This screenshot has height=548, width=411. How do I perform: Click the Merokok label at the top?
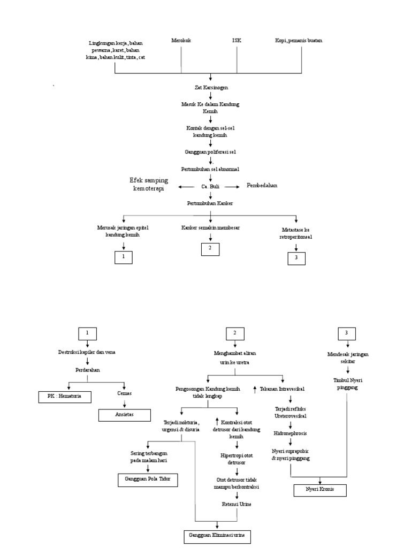coord(181,41)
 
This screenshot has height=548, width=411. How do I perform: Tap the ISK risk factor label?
coord(237,41)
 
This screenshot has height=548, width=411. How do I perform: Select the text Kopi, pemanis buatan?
coord(299,41)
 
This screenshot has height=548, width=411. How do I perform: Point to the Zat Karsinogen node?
coord(210,87)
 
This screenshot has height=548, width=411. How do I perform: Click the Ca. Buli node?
coord(210,186)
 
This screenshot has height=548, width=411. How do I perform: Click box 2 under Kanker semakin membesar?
coord(210,248)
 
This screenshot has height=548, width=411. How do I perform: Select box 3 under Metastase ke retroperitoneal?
coord(296,258)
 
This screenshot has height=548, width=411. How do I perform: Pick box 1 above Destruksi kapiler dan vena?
coord(88,333)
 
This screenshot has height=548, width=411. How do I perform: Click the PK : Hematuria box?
coord(65,397)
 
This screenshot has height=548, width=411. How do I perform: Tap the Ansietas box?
coord(124,414)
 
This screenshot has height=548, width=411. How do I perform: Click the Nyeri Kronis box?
coord(320,490)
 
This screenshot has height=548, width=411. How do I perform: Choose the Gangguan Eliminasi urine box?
coord(217,536)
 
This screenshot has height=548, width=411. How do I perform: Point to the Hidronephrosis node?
coord(290,430)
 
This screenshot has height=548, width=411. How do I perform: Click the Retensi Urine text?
coord(237,504)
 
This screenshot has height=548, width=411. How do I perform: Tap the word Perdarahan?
coord(88,370)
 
